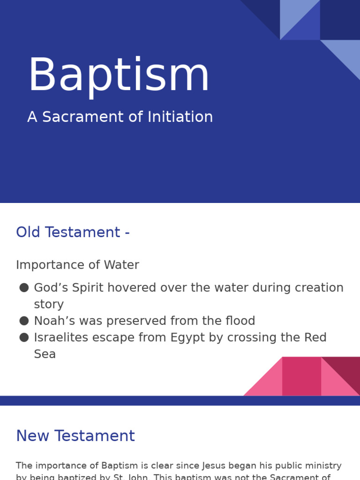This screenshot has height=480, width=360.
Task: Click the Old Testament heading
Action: pyautogui.click(x=73, y=232)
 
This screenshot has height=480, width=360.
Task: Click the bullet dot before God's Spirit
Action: pyautogui.click(x=24, y=288)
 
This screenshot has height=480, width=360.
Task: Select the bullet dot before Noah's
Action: pyautogui.click(x=24, y=321)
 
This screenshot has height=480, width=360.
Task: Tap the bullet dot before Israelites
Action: pyautogui.click(x=24, y=337)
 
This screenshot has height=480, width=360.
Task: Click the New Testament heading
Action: pyautogui.click(x=75, y=436)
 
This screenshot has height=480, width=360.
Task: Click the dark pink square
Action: pyautogui.click(x=301, y=376)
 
